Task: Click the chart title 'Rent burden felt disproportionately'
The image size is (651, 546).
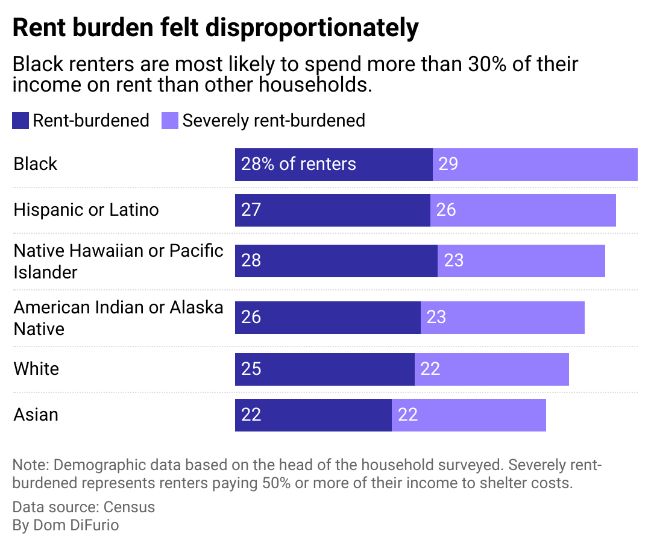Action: [215, 28]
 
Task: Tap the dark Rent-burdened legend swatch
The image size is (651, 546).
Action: [20, 121]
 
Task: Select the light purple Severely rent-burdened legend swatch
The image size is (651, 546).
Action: [170, 121]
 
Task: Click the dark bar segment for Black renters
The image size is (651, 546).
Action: [333, 164]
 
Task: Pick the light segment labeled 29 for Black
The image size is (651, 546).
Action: [535, 164]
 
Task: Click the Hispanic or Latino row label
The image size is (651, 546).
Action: [86, 210]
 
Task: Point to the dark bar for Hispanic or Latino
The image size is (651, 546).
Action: [332, 210]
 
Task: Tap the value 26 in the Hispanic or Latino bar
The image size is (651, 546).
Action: [446, 210]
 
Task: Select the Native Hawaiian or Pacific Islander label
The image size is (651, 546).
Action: [119, 261]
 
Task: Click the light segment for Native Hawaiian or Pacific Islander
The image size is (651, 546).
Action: [521, 260]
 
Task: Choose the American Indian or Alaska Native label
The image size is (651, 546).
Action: [119, 318]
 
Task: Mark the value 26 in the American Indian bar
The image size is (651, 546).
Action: [251, 317]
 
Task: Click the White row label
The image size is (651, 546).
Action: [36, 369]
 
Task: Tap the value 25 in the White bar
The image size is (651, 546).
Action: [251, 369]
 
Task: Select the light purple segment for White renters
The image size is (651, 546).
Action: [491, 369]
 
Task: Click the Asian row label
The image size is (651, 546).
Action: [36, 415]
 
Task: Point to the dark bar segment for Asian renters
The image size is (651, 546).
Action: [313, 415]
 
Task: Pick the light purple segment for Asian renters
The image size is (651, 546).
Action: [468, 415]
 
